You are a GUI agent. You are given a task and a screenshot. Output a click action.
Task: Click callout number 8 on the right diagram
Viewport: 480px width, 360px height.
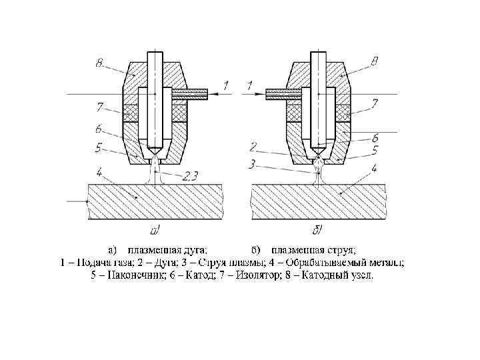[375, 62]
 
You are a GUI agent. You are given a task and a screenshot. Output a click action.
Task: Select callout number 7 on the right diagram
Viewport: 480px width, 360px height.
[375, 105]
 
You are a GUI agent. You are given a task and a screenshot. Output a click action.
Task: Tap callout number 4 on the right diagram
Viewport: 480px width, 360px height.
[375, 169]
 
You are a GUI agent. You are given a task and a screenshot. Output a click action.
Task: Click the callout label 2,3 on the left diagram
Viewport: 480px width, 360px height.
[191, 175]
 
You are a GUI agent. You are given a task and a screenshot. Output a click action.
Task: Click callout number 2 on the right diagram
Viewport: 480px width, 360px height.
[254, 145]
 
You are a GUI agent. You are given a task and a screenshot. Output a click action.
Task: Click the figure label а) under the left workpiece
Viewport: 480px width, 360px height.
[155, 231]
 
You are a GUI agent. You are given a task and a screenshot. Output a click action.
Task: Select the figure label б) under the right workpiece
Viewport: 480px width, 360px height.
[318, 231]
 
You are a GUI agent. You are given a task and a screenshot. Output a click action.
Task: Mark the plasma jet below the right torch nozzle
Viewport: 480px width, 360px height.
[319, 172]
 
